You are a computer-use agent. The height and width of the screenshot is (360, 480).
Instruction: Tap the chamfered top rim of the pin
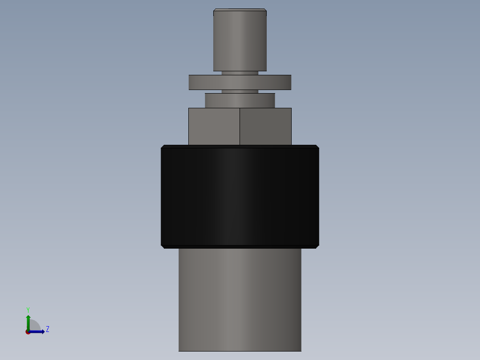(240, 10)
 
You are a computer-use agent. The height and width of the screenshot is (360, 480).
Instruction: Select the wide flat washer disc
(240, 82)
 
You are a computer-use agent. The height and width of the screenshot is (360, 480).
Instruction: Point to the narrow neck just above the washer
(240, 73)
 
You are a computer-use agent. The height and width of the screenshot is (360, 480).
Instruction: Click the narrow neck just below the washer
(240, 91)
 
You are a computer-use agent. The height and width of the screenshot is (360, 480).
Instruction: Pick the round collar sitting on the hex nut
(240, 100)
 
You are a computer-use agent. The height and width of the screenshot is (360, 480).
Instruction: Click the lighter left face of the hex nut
(214, 127)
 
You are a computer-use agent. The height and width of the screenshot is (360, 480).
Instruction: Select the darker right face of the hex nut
(265, 127)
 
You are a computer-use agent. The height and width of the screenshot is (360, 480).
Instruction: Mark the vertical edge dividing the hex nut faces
(240, 127)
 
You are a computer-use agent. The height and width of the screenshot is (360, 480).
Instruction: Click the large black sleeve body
(240, 196)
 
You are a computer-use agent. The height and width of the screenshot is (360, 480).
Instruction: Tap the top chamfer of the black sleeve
(240, 146)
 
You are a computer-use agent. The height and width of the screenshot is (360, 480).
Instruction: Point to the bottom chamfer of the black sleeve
(240, 246)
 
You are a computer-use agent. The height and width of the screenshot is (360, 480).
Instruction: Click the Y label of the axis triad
(28, 309)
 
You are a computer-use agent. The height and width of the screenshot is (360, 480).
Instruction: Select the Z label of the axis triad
(48, 329)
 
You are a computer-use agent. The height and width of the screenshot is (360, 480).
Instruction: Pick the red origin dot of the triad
(28, 332)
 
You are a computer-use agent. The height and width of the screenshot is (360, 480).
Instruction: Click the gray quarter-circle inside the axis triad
(34, 326)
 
